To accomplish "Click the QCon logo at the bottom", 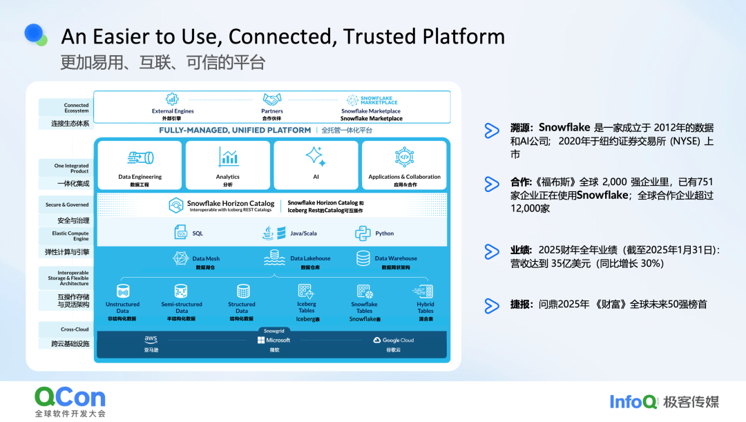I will click(x=70, y=397).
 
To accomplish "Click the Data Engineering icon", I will click(x=140, y=157).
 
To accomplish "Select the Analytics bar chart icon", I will click(x=228, y=157).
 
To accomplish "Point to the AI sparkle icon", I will click(x=316, y=156).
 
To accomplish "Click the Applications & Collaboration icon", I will click(x=404, y=157).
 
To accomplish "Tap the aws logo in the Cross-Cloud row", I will click(x=151, y=339).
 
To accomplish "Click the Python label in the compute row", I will click(x=384, y=233).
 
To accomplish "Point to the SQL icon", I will click(x=181, y=233).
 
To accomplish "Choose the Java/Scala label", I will click(x=303, y=233).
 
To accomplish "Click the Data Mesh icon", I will click(x=181, y=259).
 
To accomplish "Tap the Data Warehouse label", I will click(x=396, y=258).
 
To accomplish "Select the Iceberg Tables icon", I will click(x=306, y=291).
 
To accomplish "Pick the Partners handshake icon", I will click(x=272, y=99).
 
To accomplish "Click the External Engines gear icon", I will click(x=172, y=99).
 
